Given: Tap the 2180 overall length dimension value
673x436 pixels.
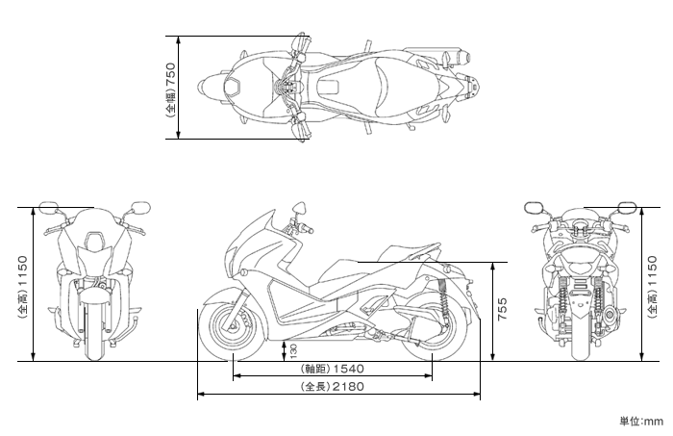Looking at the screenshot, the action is point(348,387).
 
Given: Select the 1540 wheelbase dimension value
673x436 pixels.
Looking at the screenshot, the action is point(348,369).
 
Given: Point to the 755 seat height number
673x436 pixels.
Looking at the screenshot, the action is point(502,309).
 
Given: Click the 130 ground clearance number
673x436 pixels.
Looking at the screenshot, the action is point(293,351).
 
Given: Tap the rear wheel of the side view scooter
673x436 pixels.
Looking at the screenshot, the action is point(434,328).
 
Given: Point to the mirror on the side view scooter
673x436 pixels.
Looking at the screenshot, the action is point(299,208).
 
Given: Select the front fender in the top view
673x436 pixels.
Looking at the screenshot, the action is point(212,88).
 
